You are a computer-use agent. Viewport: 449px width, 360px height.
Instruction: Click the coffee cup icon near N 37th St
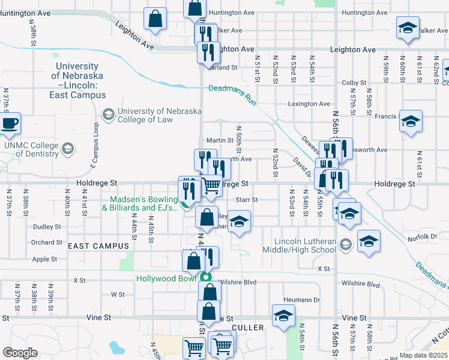pyautogui.click(x=10, y=124)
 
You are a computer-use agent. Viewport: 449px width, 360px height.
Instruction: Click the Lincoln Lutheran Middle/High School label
pyautogui.click(x=306, y=245)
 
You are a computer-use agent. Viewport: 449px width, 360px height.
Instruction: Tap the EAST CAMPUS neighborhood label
pyautogui.click(x=98, y=246)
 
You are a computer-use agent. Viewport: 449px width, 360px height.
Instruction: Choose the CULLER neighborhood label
pyautogui.click(x=246, y=328)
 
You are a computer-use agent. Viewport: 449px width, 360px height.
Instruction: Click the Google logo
pyautogui.click(x=20, y=353)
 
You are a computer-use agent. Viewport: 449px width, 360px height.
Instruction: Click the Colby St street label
pyautogui.click(x=354, y=83)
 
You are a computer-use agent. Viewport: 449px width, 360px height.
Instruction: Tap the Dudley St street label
pyautogui.click(x=47, y=227)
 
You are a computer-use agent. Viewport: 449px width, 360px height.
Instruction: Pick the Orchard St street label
pyautogui.click(x=47, y=242)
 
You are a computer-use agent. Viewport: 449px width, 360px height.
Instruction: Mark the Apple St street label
pyautogui.click(x=44, y=259)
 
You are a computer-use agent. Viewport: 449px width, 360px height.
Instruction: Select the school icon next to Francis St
pyautogui.click(x=411, y=121)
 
